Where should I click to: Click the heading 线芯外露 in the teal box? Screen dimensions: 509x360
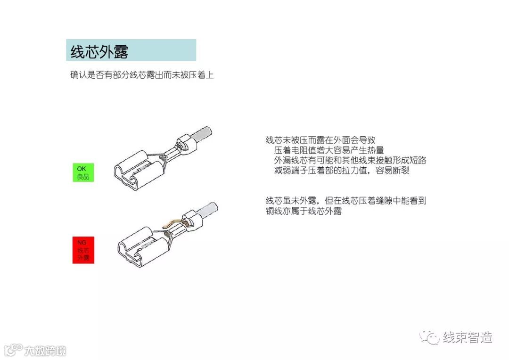click(99, 51)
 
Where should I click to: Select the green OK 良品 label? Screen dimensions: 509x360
click(83, 172)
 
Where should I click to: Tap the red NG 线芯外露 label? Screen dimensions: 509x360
click(83, 250)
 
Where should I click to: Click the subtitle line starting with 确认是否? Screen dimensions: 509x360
click(142, 75)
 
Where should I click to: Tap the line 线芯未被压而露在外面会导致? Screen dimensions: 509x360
click(320, 140)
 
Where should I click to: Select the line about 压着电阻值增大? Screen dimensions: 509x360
click(328, 150)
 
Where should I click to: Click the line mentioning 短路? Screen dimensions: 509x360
click(350, 160)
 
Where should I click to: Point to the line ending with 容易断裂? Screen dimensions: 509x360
click(342, 170)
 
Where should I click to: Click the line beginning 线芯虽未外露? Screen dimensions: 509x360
click(346, 201)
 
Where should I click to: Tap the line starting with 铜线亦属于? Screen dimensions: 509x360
click(303, 211)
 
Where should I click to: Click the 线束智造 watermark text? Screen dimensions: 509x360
click(468, 337)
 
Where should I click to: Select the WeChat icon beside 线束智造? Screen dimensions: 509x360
click(430, 337)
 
